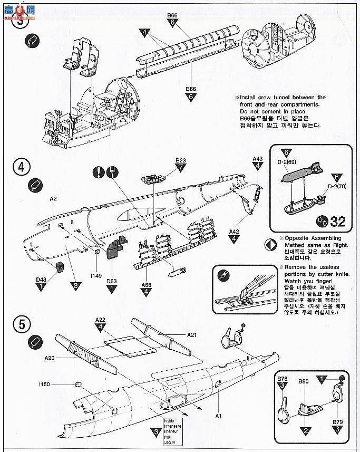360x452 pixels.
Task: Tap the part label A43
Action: click(257, 158)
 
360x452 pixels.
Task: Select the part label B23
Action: click(181, 160)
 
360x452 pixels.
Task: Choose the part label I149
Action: click(95, 275)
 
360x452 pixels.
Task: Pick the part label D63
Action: click(112, 281)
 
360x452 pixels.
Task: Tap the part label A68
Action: click(145, 285)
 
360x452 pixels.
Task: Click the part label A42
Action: click(235, 232)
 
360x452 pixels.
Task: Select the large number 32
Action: click(337, 221)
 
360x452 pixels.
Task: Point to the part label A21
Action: click(193, 335)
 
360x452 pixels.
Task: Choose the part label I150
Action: click(44, 384)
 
